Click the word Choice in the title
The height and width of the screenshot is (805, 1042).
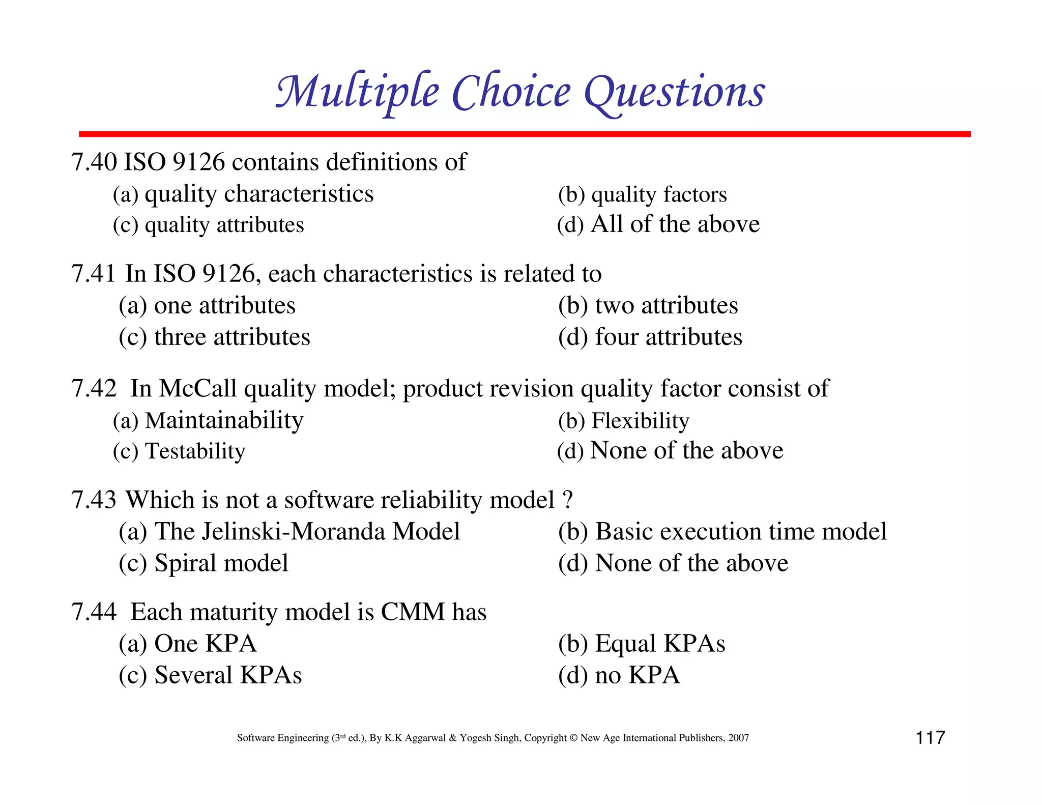coord(511,93)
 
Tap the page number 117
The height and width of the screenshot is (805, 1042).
coord(930,737)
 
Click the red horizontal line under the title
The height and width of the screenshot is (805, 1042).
coord(524,134)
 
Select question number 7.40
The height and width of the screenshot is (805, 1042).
coord(94,162)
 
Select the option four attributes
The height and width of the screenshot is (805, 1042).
coord(668,337)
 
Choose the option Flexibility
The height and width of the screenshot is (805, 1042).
coord(640,421)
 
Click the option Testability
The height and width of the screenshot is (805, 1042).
coord(195,451)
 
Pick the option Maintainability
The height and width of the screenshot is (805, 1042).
coord(224,421)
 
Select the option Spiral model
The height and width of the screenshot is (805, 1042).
coord(221,563)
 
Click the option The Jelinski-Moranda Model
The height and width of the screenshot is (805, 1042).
coord(307,532)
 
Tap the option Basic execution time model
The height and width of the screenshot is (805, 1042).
coord(740,532)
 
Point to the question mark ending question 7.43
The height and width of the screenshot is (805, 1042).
coord(568,500)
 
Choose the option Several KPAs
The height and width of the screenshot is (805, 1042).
coord(227,675)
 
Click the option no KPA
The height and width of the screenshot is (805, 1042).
coord(637,675)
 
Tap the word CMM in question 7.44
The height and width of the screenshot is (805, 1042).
coord(413,612)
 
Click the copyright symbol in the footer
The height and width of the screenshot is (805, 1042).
coord(573,738)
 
